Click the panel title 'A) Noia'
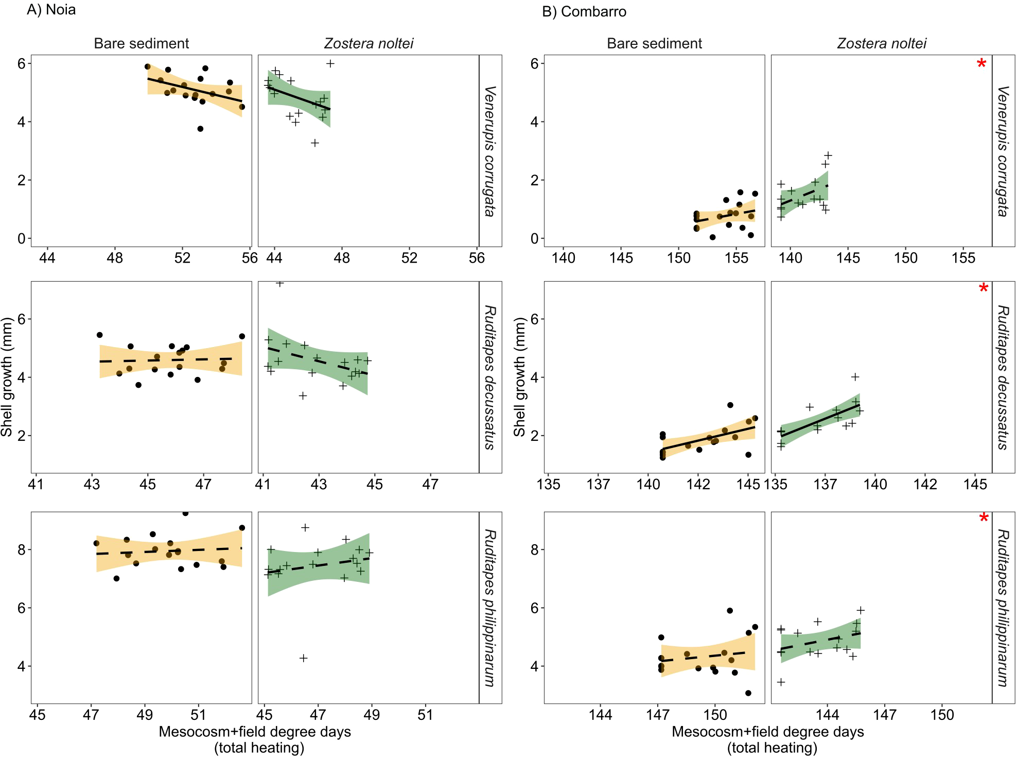tap(51, 10)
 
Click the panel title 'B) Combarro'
tap(584, 12)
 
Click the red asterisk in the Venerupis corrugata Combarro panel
tap(981, 64)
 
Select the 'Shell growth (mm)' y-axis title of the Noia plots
tap(7, 377)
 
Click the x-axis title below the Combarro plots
tap(767, 739)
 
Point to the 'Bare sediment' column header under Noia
tap(141, 43)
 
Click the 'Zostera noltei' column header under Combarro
tap(881, 43)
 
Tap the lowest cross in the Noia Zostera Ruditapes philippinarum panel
tap(304, 658)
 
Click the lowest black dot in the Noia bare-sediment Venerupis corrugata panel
tap(200, 129)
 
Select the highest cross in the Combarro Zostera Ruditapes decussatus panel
tap(855, 377)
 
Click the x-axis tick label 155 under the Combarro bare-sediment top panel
tap(736, 258)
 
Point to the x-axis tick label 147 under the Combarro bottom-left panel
tap(658, 715)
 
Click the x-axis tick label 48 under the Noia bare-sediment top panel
tap(115, 258)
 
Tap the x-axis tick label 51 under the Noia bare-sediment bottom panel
tap(198, 715)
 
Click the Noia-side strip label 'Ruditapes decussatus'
tap(490, 377)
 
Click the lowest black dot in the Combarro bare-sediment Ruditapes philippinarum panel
tap(748, 693)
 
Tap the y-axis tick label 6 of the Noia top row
tap(22, 63)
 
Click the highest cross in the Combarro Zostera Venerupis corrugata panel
tap(828, 155)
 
